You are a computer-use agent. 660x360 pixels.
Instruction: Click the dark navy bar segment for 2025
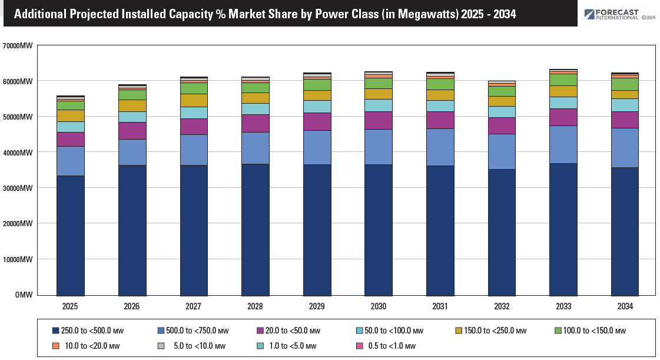70,235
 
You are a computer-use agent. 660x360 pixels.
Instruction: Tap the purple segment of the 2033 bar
563,117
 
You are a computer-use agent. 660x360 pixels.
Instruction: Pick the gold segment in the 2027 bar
193,100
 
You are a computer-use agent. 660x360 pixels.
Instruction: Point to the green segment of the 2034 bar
625,84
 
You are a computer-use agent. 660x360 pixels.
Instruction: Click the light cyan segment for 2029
317,107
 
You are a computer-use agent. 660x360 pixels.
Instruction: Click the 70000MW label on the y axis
17,45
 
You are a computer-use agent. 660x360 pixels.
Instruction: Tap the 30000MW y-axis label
17,188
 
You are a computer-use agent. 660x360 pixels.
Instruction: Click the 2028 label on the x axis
255,307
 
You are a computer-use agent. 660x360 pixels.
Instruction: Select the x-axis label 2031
440,307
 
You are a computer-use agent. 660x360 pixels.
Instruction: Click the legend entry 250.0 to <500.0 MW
88,331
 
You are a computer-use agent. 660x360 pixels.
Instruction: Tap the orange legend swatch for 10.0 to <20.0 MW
56,346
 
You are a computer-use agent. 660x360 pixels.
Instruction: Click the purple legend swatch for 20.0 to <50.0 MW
260,331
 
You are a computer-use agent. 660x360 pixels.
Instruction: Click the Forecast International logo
618,14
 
